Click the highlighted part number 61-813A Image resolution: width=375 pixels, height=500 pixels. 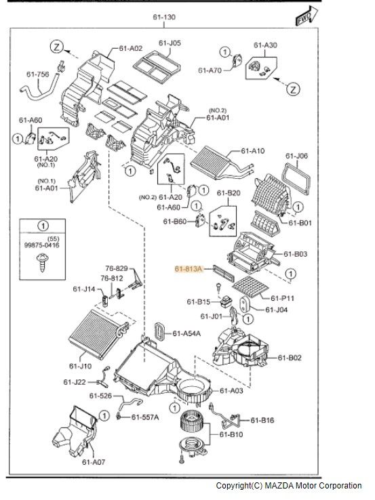coord(189,269)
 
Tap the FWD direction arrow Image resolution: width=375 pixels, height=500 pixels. coord(307,16)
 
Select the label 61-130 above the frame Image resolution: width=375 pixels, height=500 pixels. coord(164,17)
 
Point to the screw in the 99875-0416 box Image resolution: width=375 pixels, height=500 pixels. coord(42,262)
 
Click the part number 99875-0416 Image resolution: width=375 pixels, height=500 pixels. coord(42,245)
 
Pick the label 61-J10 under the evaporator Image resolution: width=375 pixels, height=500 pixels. coord(80,366)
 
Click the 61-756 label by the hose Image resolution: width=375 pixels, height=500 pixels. coord(38,75)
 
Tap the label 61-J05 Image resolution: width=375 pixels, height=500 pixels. coord(170,43)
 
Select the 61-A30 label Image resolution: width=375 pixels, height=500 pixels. coord(265,45)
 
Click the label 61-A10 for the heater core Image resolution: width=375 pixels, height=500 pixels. coord(253,150)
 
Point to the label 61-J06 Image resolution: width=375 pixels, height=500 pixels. coord(296,156)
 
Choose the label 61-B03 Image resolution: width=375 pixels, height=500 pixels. coord(295,254)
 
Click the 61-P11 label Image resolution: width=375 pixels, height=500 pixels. coord(283,298)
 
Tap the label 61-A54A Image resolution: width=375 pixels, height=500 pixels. coord(186,333)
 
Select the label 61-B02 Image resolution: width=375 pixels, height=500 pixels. coord(290,358)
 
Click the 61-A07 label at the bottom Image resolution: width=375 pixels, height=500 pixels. coord(94,462)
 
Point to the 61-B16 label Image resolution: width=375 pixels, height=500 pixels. coord(262,420)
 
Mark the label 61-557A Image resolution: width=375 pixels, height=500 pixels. coord(145,417)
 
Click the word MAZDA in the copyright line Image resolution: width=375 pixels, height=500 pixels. coord(279,486)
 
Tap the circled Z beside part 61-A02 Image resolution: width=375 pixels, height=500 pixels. coord(56,47)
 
